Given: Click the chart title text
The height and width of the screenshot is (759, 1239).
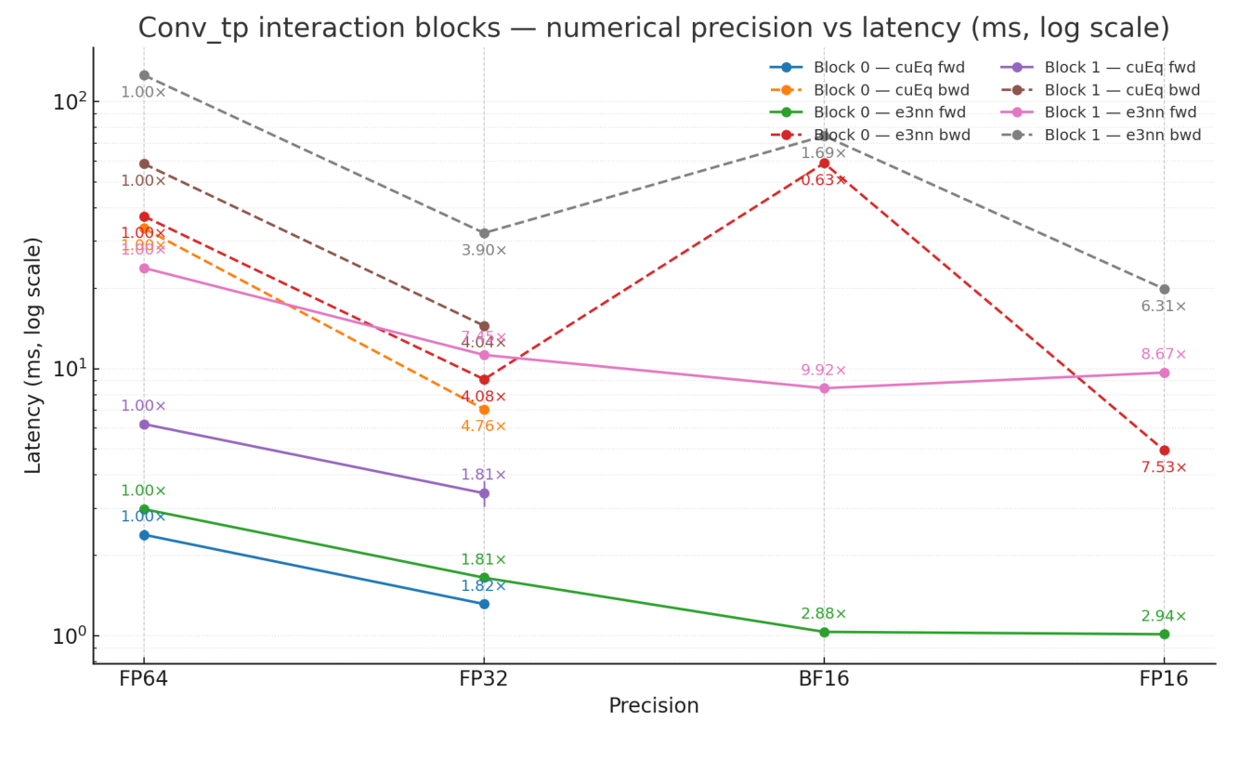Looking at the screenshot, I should [653, 29].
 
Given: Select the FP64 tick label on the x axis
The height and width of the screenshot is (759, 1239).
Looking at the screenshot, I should [143, 679].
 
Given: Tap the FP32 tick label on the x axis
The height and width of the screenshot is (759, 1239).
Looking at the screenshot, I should [483, 679].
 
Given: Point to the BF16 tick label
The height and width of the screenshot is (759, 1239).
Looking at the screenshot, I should [823, 679].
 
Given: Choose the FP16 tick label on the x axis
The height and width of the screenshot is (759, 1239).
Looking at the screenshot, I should [1163, 679].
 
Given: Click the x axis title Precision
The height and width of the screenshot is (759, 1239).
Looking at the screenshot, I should [653, 706].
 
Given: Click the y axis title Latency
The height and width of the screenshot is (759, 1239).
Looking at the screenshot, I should [33, 355].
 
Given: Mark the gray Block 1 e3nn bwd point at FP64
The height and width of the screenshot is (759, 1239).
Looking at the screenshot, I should [144, 75].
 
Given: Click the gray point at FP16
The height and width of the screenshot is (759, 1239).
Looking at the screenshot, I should [1164, 289].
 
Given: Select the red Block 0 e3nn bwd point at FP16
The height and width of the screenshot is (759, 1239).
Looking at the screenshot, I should [1164, 451].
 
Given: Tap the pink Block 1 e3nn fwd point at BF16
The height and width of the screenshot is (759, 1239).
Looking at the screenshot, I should [824, 388].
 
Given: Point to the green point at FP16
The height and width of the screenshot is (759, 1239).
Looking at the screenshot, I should [1164, 635].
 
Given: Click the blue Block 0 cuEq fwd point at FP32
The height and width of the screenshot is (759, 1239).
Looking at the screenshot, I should [484, 604].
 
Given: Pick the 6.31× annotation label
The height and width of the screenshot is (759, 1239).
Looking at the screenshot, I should [1164, 307].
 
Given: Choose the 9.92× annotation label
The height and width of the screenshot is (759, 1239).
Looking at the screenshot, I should [824, 371].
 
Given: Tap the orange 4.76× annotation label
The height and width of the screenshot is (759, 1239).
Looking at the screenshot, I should [484, 426].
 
